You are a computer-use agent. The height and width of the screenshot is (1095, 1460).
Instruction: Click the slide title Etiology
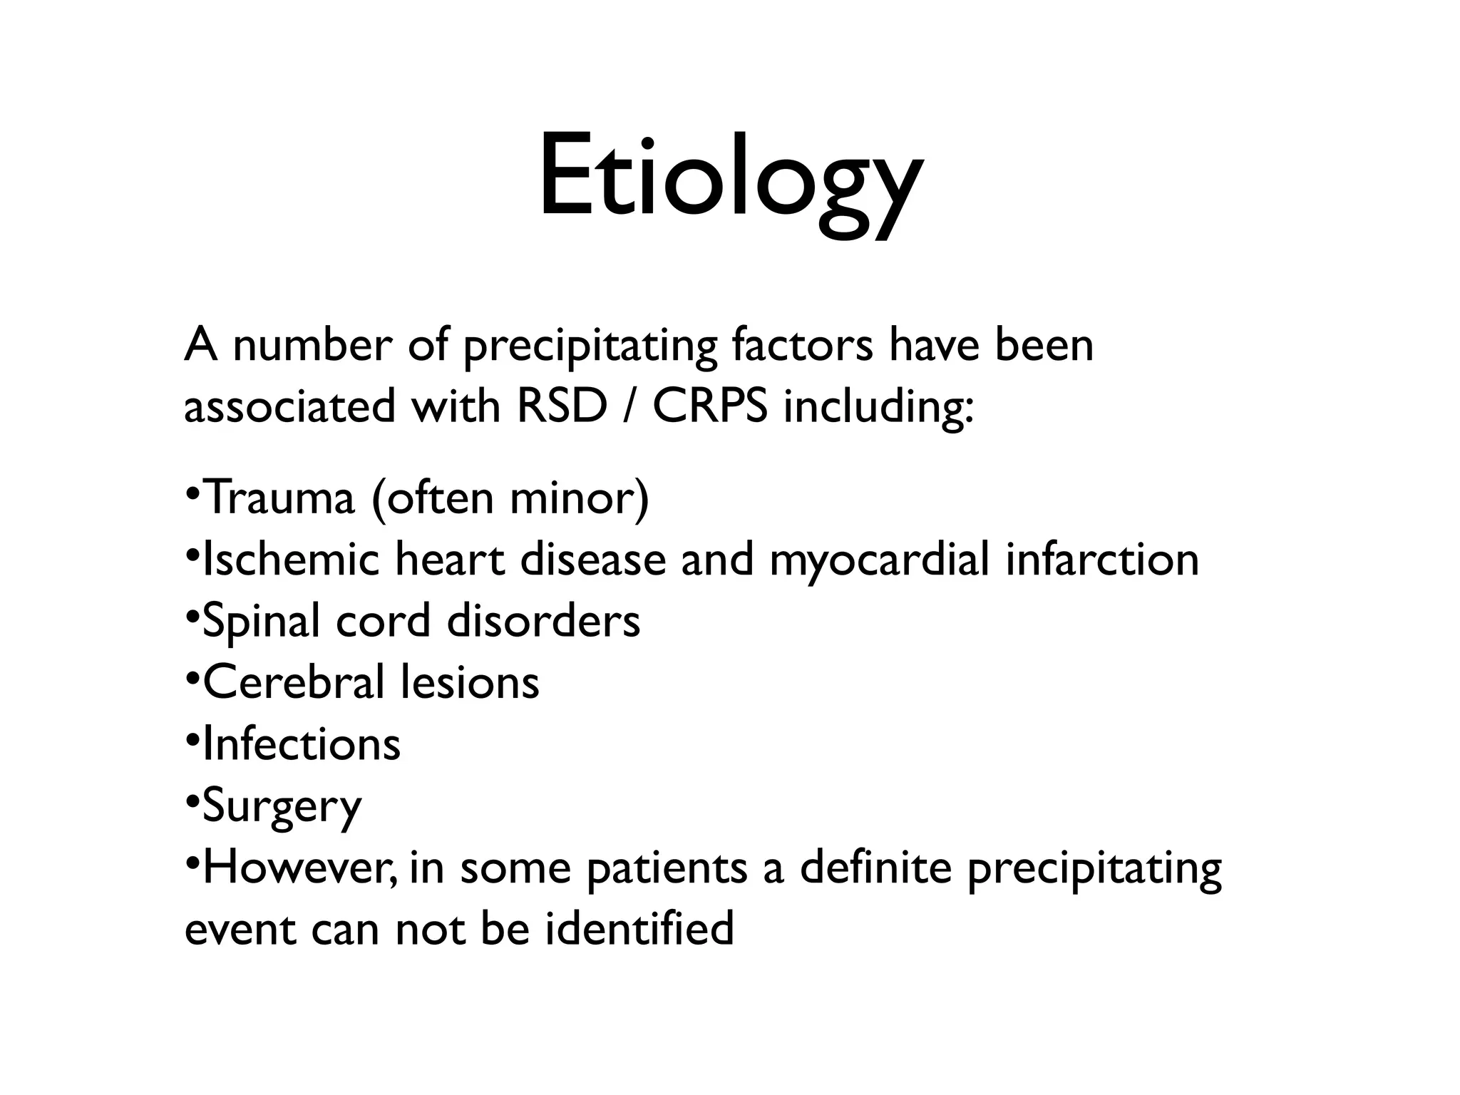coord(729,178)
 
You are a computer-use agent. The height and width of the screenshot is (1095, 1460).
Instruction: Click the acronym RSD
coord(562,406)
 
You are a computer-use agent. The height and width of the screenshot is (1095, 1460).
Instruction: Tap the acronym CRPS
coord(709,406)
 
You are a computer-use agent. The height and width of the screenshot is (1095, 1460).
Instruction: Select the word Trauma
coord(278,498)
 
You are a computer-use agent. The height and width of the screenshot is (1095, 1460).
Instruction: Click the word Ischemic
coord(291,559)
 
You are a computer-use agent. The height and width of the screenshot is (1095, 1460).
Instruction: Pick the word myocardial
coord(879,560)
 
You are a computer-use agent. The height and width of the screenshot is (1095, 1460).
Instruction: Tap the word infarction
coord(1102,559)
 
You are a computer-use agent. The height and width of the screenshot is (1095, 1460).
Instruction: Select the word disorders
coord(543,620)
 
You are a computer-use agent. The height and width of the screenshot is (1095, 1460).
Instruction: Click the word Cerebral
coord(294,682)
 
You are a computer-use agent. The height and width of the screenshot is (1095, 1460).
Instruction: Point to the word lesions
coord(469,682)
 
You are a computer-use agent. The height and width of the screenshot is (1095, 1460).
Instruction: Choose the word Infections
coord(302,744)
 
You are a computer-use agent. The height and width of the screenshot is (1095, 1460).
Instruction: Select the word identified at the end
coord(639,930)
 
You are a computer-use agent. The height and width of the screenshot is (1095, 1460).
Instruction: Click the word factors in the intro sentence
coord(802,345)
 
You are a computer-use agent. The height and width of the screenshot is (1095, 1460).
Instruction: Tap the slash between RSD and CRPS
coord(629,406)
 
